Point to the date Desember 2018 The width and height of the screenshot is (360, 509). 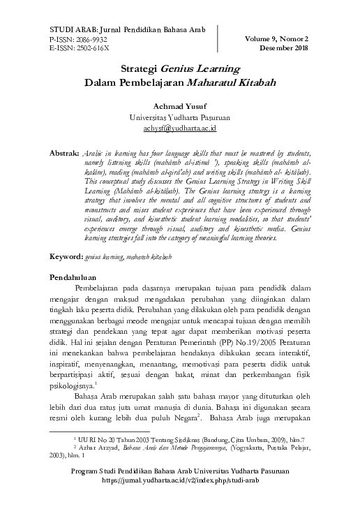point(283,48)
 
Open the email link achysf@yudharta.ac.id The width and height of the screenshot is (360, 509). point(180,128)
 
